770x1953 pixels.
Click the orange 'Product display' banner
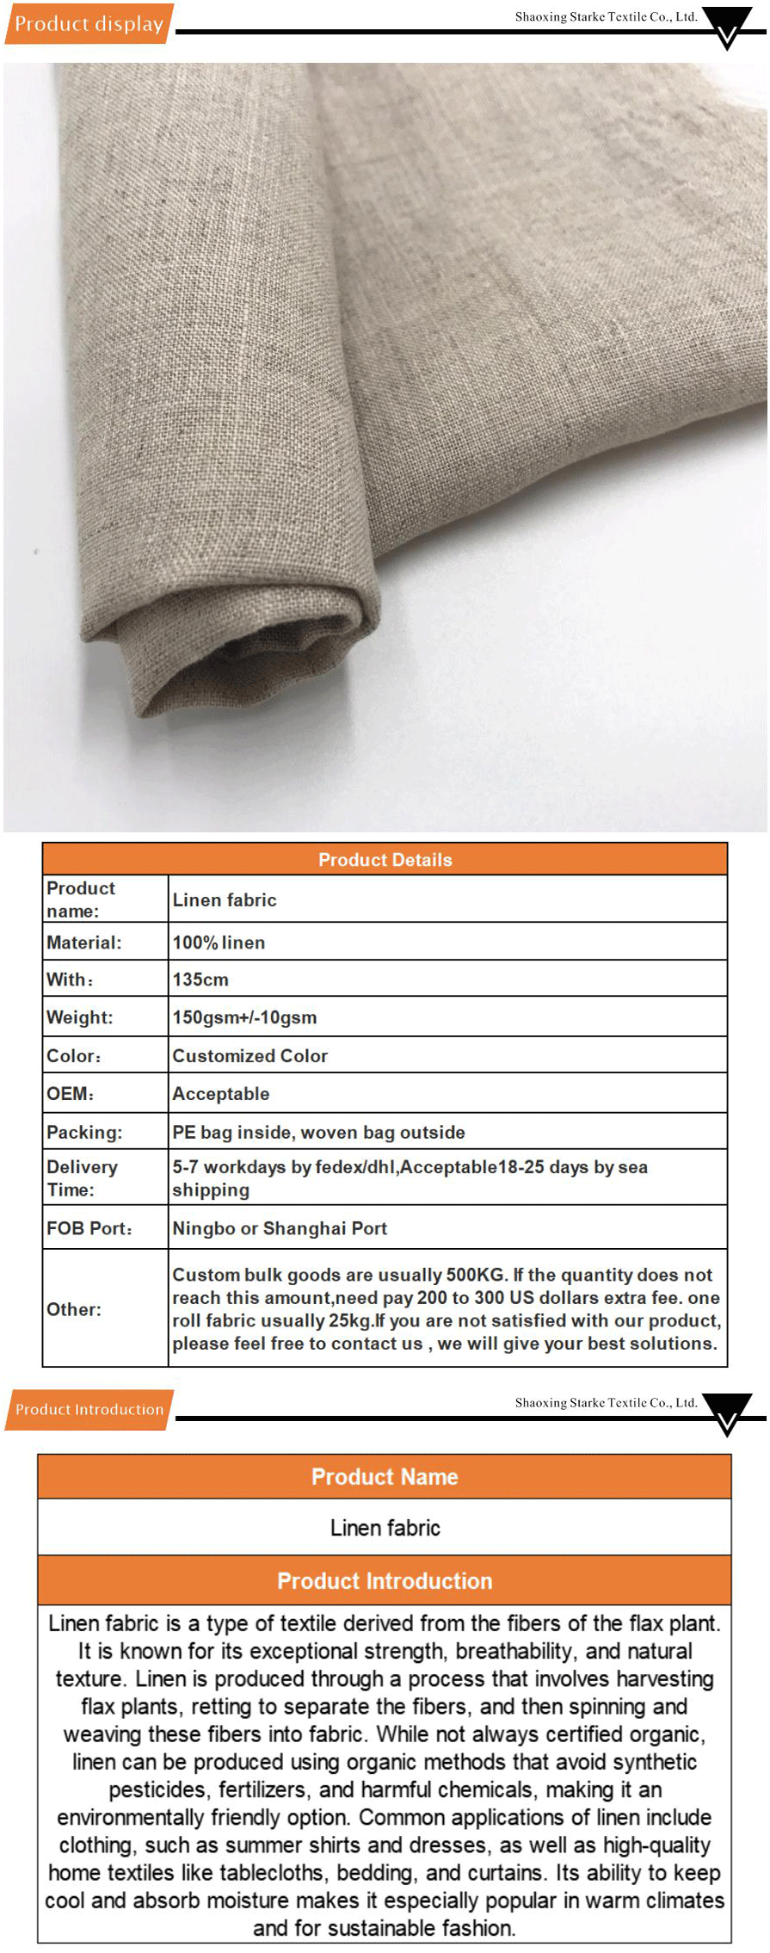click(89, 24)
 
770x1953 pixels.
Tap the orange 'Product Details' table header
click(385, 859)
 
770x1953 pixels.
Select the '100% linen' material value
click(219, 943)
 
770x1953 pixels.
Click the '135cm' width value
click(200, 980)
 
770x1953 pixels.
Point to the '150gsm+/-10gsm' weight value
click(244, 1017)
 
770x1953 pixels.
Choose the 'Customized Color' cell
click(249, 1055)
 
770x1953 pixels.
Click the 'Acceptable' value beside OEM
click(221, 1094)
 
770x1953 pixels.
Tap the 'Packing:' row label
click(84, 1132)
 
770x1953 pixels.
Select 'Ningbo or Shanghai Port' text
click(280, 1228)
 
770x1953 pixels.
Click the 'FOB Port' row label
click(89, 1228)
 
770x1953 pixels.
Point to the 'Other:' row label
click(74, 1309)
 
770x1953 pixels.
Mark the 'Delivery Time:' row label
click(83, 1178)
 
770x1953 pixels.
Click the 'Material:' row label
click(84, 943)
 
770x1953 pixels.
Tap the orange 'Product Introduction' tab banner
click(89, 1409)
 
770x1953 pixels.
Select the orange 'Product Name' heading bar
click(385, 1477)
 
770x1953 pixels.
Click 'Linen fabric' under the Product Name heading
click(385, 1528)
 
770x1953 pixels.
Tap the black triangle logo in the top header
click(727, 26)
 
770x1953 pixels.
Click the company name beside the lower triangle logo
click(606, 1402)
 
